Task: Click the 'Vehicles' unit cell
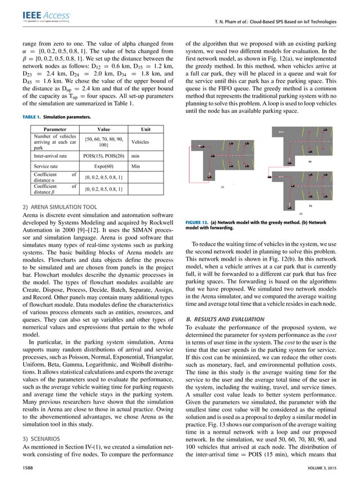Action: coord(139,142)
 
